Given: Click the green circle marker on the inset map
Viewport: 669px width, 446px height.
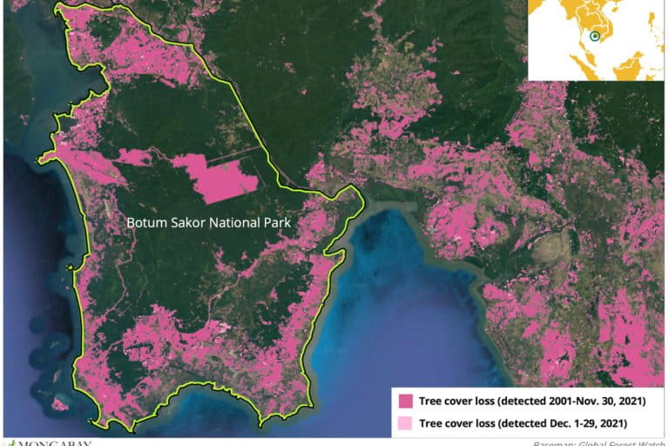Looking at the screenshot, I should click(594, 37).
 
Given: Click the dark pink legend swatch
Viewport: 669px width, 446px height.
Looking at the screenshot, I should click(405, 402).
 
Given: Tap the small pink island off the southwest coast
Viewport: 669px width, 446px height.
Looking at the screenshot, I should click(59, 403).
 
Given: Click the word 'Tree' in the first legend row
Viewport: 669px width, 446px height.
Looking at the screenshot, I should click(432, 402).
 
